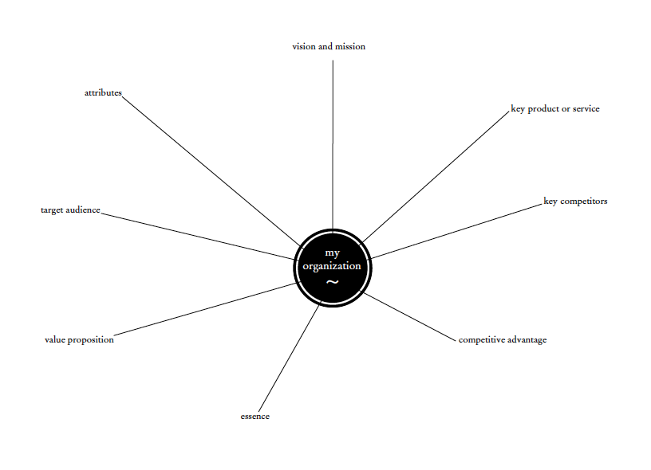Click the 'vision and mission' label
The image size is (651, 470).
329,46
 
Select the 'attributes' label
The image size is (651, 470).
103,93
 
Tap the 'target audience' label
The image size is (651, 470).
70,210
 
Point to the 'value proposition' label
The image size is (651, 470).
79,340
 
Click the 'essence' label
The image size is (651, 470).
255,417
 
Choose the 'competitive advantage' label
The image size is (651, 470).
503,340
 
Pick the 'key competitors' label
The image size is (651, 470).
575,202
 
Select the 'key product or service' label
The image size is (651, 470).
555,109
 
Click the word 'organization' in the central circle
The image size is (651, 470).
332,266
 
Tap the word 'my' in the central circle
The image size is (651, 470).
333,253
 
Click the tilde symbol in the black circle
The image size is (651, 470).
333,283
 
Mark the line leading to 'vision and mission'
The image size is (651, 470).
333,143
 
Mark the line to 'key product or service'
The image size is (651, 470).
435,176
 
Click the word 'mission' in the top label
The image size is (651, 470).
350,46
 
